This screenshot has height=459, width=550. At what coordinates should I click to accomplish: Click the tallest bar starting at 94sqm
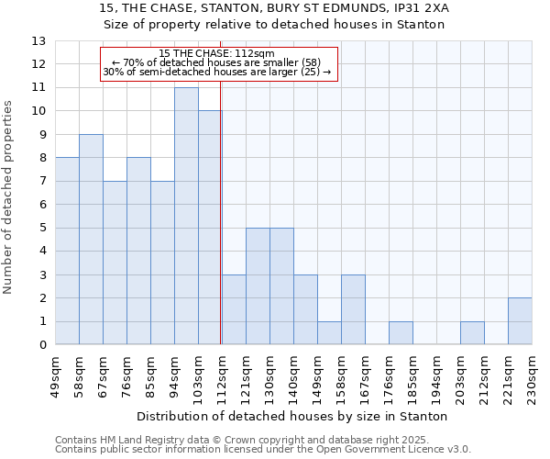[186, 216]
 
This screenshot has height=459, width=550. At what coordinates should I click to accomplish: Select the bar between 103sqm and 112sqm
[210, 228]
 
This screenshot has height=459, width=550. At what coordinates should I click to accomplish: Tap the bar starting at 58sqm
[91, 240]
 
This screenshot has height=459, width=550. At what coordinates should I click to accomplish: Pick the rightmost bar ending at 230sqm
[520, 321]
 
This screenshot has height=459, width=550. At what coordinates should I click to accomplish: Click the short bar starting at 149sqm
[329, 333]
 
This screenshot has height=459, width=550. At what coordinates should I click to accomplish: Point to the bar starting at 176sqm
[401, 333]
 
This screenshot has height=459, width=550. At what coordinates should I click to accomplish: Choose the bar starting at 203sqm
[472, 333]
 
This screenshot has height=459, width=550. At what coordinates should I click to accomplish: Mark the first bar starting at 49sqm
[67, 251]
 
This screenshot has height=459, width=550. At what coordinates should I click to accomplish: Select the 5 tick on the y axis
[41, 228]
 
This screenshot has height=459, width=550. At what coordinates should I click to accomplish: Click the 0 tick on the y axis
[41, 345]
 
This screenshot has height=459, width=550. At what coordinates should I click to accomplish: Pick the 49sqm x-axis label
[56, 375]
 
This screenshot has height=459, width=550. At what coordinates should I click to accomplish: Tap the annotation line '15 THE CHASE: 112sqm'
[216, 53]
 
